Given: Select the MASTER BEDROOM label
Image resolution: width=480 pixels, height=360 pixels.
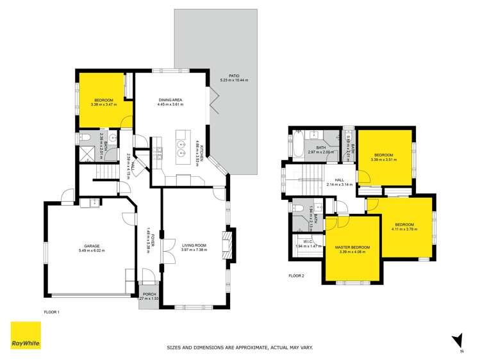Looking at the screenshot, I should click(x=352, y=247).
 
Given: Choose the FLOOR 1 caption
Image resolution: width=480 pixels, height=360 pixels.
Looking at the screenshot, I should click(x=52, y=311).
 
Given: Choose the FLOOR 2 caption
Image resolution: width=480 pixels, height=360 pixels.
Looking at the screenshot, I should click(x=296, y=275).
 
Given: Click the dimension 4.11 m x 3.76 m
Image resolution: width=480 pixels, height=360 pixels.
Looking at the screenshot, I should click(x=404, y=229).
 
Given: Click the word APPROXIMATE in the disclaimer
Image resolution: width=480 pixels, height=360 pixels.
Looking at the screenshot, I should click(x=245, y=347).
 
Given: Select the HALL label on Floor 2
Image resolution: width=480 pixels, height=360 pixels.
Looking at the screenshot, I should click(x=340, y=180).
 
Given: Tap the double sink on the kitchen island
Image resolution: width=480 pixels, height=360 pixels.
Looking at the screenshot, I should click(x=182, y=144).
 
